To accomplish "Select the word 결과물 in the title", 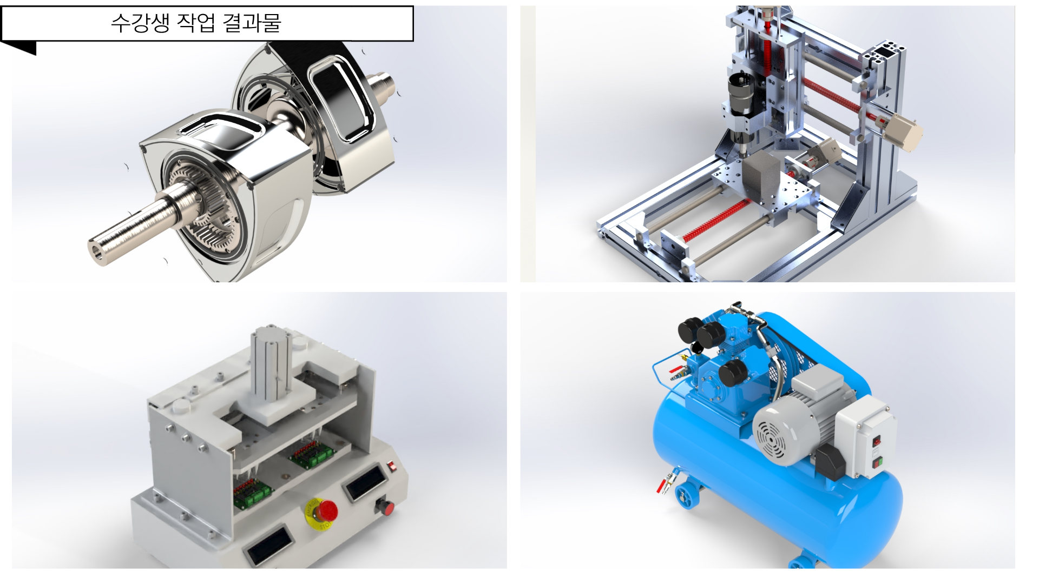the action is (x=252, y=23).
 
